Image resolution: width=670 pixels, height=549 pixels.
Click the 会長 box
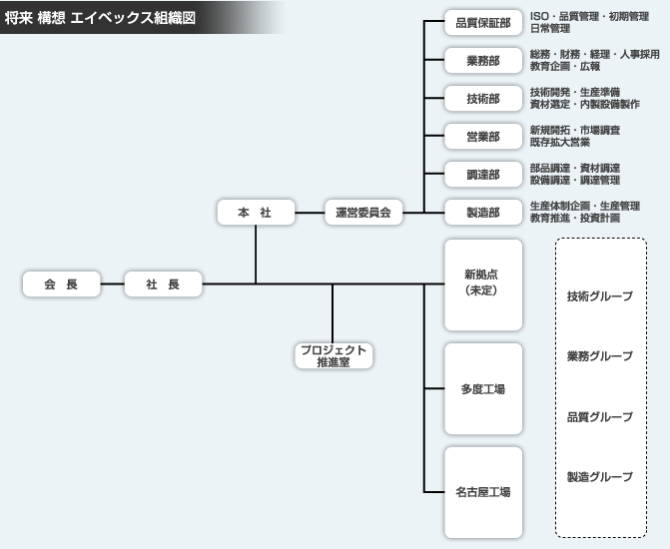(x=61, y=284)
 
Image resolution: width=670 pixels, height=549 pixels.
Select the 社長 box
(x=163, y=284)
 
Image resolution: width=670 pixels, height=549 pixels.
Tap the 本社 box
(x=257, y=212)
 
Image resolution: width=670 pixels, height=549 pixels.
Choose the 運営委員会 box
(x=362, y=212)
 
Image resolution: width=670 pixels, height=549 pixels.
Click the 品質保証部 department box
(x=482, y=23)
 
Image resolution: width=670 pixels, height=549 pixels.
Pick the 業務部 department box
(x=482, y=60)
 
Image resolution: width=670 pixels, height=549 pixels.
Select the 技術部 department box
(x=482, y=98)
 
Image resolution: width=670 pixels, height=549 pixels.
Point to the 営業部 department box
(x=482, y=136)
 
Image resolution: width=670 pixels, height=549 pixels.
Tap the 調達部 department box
(x=482, y=173)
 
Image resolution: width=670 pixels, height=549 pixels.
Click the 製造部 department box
(x=482, y=211)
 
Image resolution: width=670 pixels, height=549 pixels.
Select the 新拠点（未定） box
(x=482, y=283)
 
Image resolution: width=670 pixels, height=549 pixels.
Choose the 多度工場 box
(x=482, y=388)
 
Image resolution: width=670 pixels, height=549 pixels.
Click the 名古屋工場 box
(x=482, y=492)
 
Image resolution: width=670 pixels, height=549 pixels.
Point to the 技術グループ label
(x=599, y=296)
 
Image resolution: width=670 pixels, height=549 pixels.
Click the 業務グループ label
(x=599, y=356)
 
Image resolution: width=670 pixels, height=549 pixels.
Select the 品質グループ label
(x=599, y=416)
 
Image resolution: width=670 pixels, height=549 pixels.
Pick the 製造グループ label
(x=599, y=477)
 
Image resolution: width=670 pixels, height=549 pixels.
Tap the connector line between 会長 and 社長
(x=112, y=284)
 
